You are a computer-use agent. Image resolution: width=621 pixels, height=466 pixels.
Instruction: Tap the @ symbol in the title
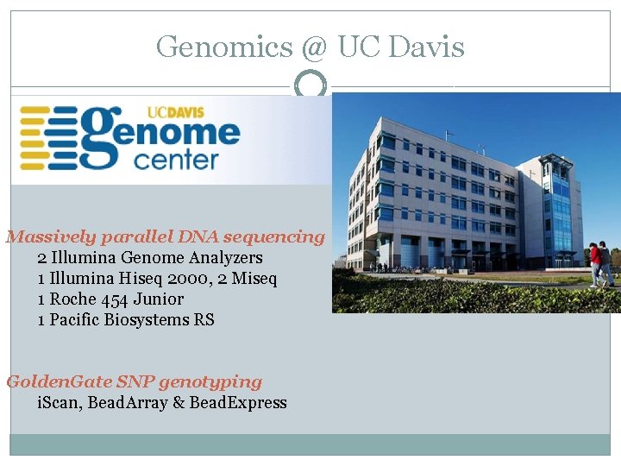pos(315,47)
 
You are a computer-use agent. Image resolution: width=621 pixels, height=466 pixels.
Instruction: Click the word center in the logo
pos(177,160)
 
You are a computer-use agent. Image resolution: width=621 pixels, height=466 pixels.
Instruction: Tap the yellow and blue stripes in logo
pos(47,138)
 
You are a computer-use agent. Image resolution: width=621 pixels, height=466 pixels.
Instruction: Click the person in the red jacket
pos(595,262)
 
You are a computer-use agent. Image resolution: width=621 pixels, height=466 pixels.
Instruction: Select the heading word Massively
pos(51,236)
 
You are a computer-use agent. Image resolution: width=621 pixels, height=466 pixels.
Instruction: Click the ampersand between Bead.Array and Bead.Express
pos(179,402)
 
